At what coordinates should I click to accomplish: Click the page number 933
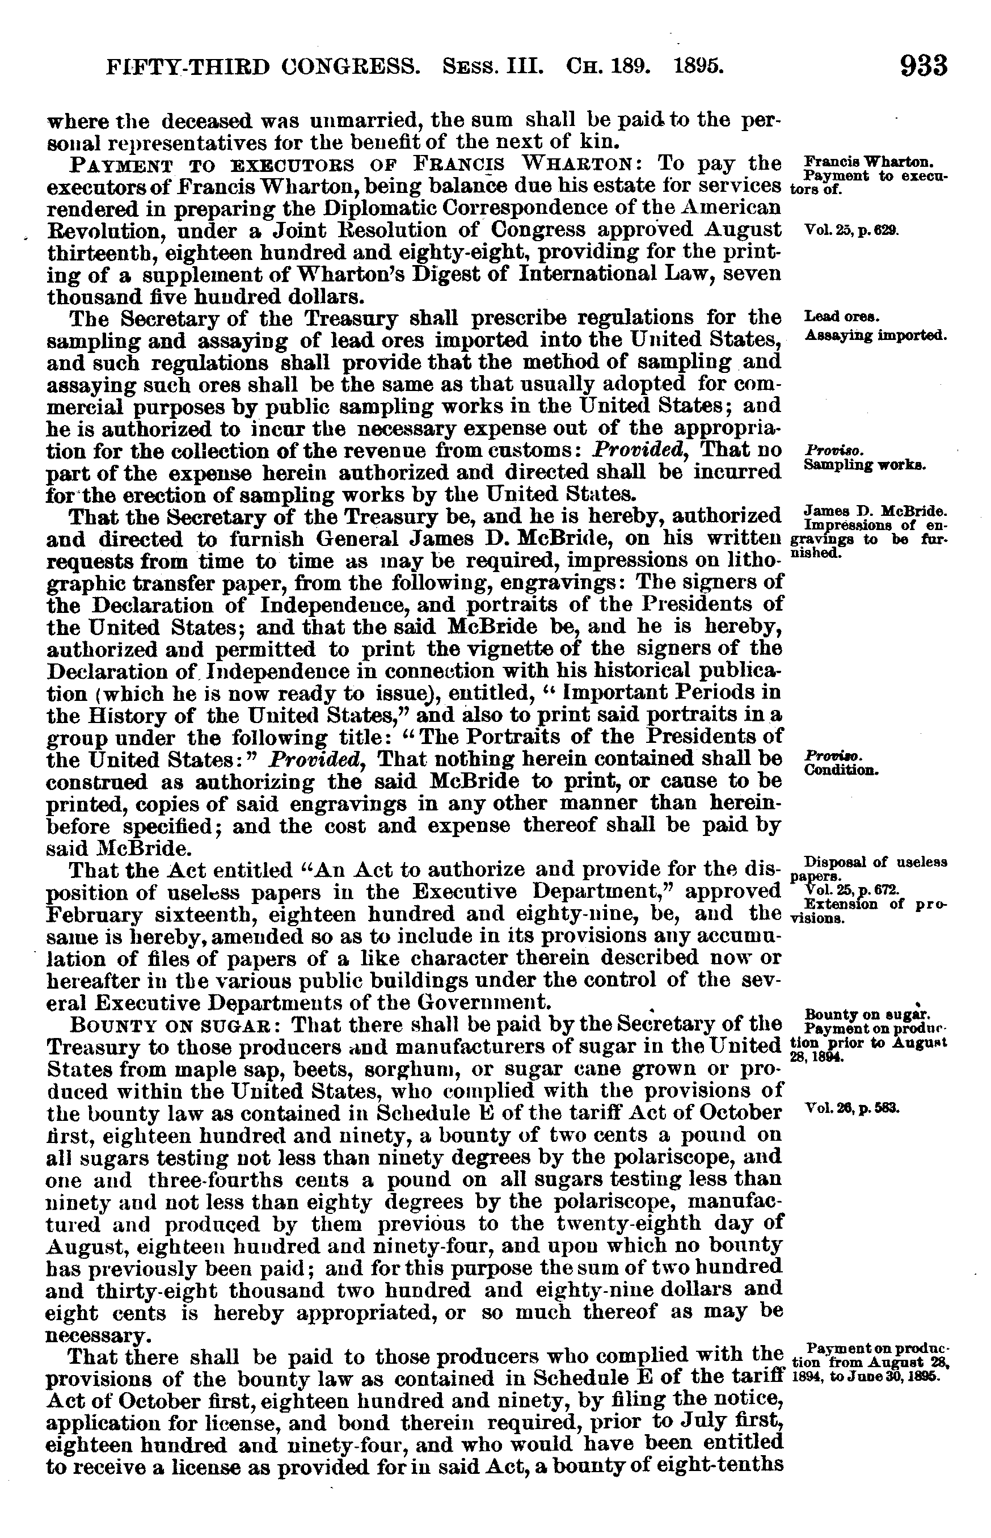coord(923,66)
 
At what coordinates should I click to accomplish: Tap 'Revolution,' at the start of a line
coord(105,230)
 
